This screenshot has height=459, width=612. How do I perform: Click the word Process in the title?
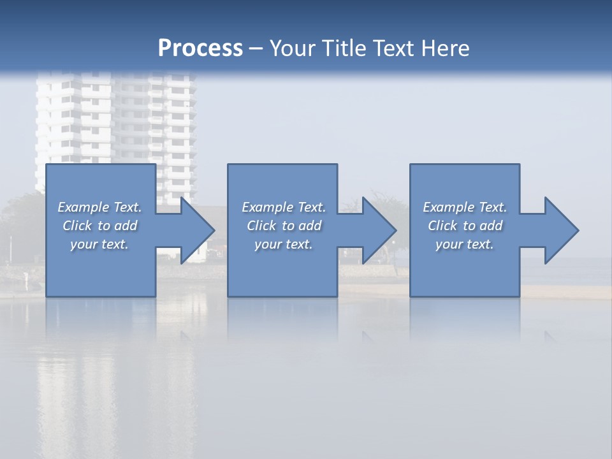200,48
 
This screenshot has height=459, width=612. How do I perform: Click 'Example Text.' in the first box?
100,207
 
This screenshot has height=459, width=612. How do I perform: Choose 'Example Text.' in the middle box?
284,207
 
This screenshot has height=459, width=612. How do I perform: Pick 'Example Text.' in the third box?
465,207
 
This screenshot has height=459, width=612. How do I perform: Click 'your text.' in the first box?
99,244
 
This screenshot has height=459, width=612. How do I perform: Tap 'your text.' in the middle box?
284,244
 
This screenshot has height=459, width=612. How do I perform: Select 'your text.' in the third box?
465,244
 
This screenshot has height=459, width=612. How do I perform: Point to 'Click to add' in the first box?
100,226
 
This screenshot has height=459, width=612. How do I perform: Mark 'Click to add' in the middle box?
284,226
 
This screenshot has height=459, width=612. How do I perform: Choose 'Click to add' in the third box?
465,226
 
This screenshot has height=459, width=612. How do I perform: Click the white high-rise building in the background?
115,121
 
